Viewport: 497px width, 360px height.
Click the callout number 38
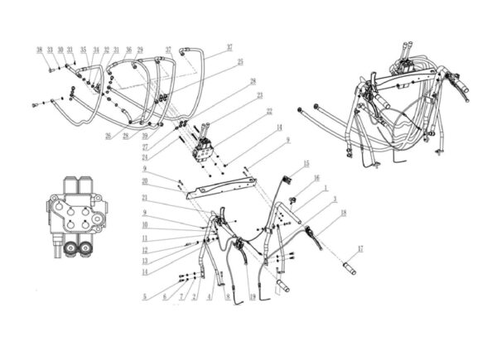[39, 50]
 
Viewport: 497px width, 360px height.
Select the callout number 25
[239, 61]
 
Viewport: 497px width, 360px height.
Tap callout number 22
[268, 110]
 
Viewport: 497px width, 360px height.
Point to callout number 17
[360, 249]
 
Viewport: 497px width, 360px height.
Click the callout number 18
[342, 213]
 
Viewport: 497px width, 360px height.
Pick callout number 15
[306, 163]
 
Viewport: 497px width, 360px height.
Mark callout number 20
[144, 180]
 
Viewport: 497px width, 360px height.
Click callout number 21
[144, 198]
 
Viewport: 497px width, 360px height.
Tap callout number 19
[252, 295]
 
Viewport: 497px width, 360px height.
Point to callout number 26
[108, 136]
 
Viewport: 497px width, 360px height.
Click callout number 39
[146, 135]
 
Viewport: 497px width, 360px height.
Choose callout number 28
[253, 81]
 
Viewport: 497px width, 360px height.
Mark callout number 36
[128, 50]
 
